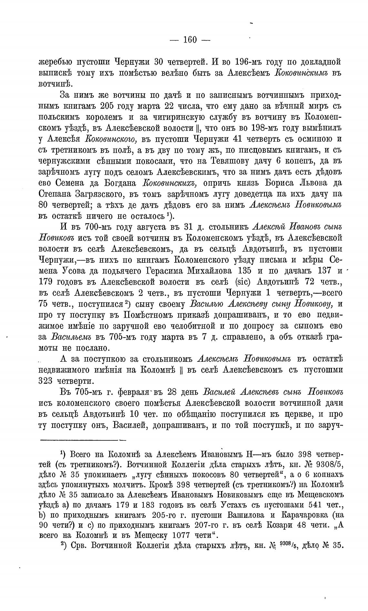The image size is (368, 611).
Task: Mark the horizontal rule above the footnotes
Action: coord(82,439)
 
